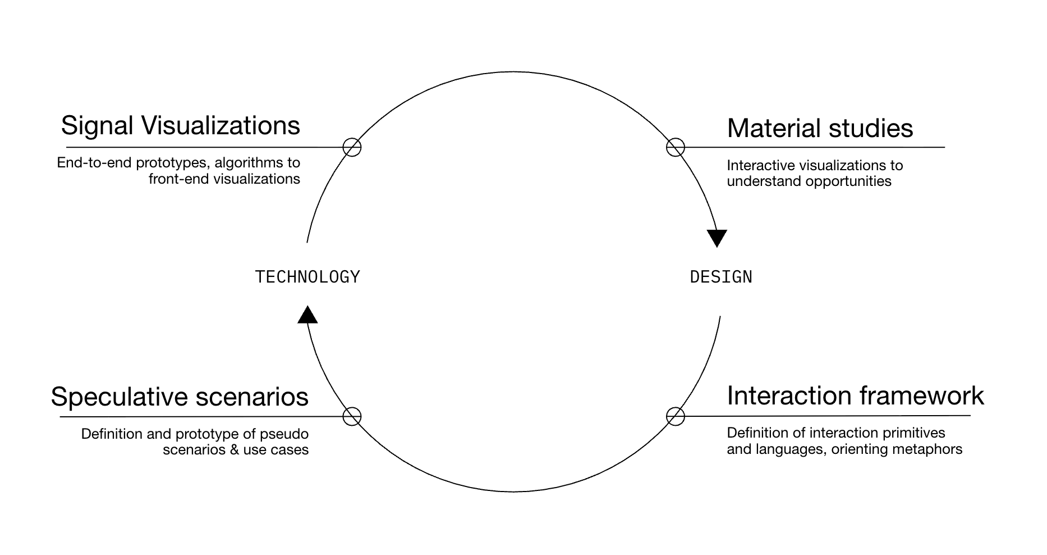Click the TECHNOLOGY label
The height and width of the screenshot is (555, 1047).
click(307, 277)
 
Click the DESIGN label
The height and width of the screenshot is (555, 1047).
click(721, 277)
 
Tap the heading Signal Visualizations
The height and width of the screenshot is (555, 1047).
click(181, 126)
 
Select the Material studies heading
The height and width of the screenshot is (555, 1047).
click(820, 129)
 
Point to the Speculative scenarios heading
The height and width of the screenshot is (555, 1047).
click(180, 397)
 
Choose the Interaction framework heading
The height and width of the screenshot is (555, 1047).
click(855, 396)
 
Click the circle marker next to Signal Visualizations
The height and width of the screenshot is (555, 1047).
click(352, 147)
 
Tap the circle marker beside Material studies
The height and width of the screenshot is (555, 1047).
click(675, 147)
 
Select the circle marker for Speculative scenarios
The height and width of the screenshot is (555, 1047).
click(352, 416)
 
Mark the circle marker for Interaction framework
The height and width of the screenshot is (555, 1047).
click(675, 416)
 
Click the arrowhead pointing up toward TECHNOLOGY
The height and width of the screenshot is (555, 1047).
click(307, 315)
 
